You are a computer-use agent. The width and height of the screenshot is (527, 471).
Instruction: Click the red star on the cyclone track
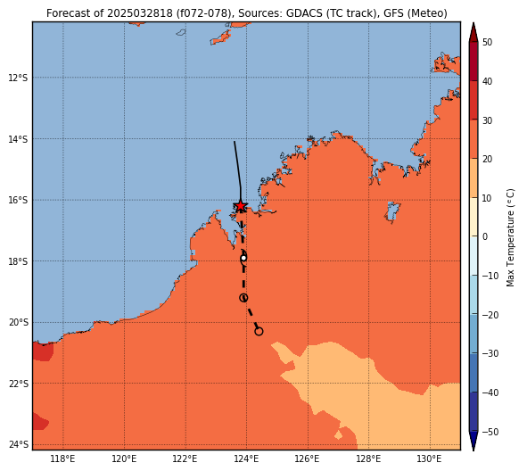pyautogui.click(x=241, y=206)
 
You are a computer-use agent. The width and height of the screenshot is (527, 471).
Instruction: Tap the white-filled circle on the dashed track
pyautogui.click(x=243, y=258)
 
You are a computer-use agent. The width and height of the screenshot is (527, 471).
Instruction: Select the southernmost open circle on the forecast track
pyautogui.click(x=259, y=332)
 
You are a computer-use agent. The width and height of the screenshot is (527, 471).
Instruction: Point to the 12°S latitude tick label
pyautogui.click(x=18, y=78)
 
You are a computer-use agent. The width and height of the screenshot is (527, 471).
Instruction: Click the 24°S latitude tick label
pyautogui.click(x=18, y=444)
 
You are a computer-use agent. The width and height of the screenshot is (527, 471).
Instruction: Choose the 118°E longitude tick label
pyautogui.click(x=62, y=459)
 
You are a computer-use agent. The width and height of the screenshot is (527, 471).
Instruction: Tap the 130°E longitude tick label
pyautogui.click(x=430, y=459)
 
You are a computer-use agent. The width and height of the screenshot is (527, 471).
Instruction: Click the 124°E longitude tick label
pyautogui.click(x=246, y=459)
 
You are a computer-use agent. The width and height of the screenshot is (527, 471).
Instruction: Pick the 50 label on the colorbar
pyautogui.click(x=488, y=42)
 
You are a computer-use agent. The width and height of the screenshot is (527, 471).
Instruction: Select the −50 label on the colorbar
pyautogui.click(x=490, y=432)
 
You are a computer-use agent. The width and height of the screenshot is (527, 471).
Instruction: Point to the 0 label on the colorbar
pyautogui.click(x=485, y=236)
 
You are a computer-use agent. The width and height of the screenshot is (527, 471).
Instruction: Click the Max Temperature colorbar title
pyautogui.click(x=510, y=237)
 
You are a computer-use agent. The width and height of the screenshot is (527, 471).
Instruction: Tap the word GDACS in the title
pyautogui.click(x=304, y=13)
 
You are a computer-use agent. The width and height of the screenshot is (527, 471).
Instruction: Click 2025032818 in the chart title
pyautogui.click(x=140, y=13)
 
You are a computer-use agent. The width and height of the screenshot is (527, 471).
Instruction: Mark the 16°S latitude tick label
pyautogui.click(x=18, y=200)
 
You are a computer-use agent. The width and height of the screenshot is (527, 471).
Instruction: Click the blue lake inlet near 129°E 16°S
pyautogui.click(x=392, y=211)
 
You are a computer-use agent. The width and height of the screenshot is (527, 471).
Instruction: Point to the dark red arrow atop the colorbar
pyautogui.click(x=473, y=32)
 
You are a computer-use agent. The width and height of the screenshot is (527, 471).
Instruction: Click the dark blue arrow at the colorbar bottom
pyautogui.click(x=473, y=441)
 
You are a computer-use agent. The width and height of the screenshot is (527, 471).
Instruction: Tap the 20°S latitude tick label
pyautogui.click(x=18, y=322)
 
